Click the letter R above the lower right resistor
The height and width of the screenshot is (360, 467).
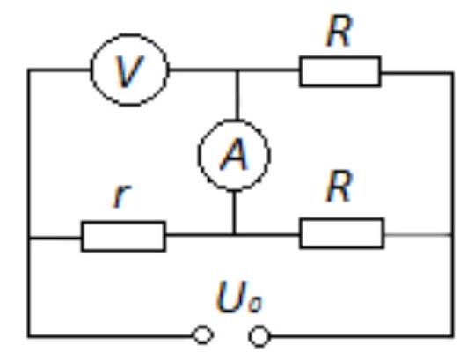coord(339,187)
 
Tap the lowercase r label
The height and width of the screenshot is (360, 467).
coord(121,195)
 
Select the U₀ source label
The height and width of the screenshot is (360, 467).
coord(239,298)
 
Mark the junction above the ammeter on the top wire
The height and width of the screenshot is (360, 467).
coord(237,70)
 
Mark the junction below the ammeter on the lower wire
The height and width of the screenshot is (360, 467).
coord(234,235)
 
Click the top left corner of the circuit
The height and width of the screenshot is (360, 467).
coord(29,70)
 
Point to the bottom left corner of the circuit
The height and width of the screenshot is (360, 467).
coord(29,336)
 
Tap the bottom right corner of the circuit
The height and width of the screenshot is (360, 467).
coord(453,336)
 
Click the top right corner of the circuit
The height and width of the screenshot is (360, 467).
coord(453,73)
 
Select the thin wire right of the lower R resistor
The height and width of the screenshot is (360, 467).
coord(418,235)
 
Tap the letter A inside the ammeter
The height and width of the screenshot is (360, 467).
coord(234,155)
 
